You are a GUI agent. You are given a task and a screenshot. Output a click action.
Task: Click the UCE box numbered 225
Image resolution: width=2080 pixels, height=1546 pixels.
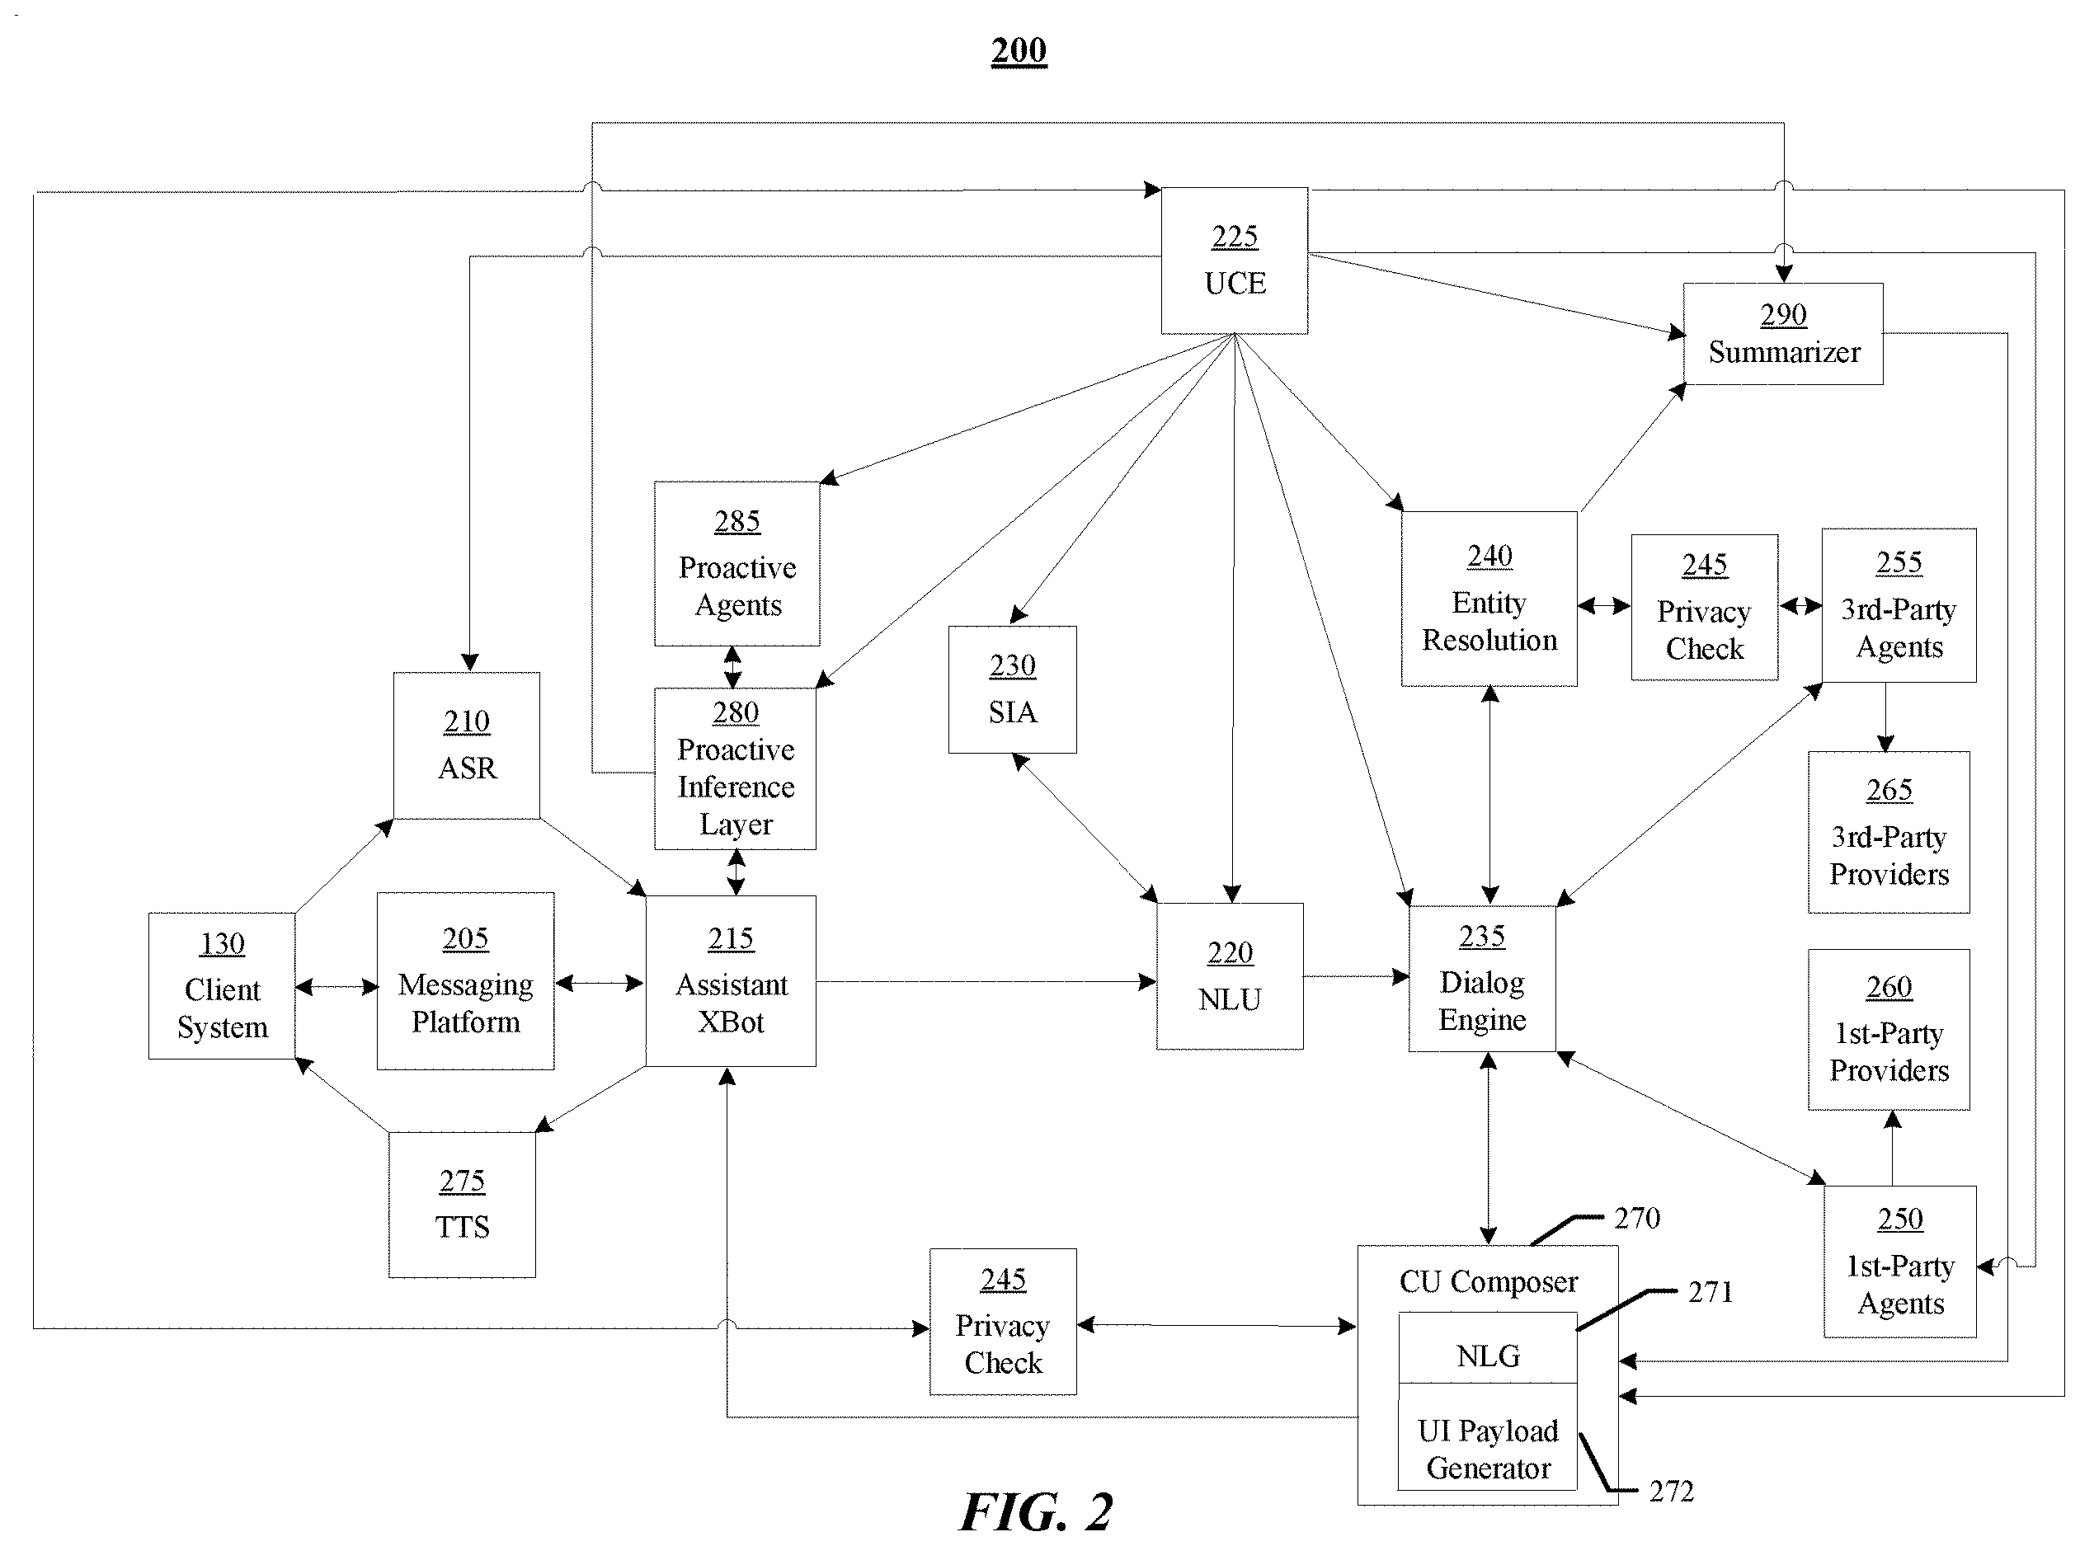tap(1234, 261)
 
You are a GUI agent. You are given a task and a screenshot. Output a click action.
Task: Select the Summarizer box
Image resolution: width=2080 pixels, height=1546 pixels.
tap(1782, 333)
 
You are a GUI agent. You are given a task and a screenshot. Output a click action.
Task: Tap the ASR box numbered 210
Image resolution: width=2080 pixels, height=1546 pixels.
tap(466, 745)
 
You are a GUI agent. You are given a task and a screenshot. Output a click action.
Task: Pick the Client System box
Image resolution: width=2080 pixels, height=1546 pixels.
tap(222, 985)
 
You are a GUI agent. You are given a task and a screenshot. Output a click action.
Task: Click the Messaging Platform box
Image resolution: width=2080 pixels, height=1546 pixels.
tap(465, 980)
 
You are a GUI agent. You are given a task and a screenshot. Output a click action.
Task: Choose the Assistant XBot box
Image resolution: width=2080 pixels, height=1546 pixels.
tap(730, 980)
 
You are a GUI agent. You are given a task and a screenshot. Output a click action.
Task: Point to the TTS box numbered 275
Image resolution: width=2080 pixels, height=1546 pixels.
tap(463, 1205)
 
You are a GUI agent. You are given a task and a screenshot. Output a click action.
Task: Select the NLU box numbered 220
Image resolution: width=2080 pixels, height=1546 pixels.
tap(1229, 976)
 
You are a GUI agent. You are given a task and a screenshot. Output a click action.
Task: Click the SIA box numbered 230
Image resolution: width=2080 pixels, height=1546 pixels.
tap(1012, 689)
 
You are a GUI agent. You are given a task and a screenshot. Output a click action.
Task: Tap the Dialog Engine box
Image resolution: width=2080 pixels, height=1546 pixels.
tap(1482, 978)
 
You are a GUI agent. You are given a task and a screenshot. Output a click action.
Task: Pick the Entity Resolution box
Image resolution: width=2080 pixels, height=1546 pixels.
tap(1489, 599)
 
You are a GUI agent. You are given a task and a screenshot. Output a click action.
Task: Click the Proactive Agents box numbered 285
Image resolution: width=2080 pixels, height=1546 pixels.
tap(736, 563)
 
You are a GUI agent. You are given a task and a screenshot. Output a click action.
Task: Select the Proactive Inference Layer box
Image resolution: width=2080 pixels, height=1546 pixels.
tap(735, 768)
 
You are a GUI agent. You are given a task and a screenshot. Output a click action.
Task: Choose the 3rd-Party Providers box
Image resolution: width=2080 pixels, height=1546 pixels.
tap(1888, 832)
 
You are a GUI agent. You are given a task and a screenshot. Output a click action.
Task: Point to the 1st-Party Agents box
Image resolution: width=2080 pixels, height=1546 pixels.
tap(1899, 1262)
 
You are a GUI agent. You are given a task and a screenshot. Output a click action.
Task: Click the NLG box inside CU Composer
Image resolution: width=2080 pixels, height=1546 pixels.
tap(1488, 1347)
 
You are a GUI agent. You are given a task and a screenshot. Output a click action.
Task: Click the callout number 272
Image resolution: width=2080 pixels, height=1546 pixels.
tap(1671, 1491)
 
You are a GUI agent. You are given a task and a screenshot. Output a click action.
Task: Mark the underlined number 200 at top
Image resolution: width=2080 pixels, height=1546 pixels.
tap(1019, 50)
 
